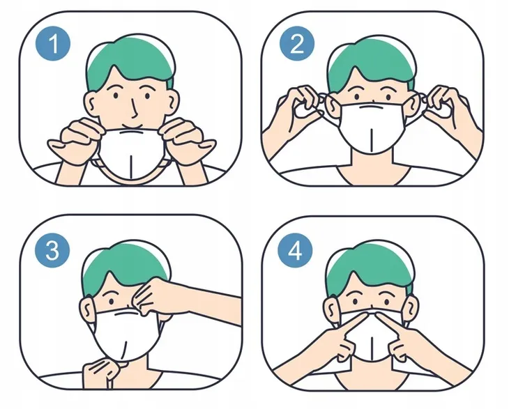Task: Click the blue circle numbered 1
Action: [53, 43]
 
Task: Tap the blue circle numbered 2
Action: [297, 43]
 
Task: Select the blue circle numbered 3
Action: [52, 251]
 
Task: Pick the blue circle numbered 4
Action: [295, 251]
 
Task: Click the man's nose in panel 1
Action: [135, 109]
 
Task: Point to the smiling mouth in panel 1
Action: [132, 126]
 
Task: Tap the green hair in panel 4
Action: [370, 269]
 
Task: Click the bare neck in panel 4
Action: [371, 373]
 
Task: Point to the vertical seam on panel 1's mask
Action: [130, 167]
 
